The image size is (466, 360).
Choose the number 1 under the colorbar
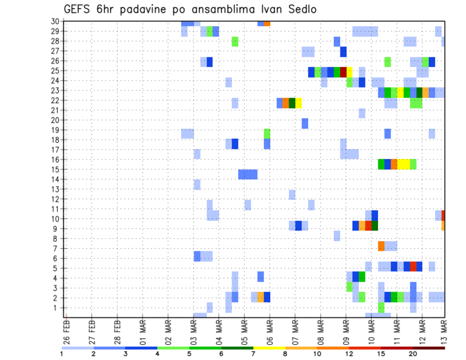(x=62, y=354)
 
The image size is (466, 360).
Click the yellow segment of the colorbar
(x=269, y=347)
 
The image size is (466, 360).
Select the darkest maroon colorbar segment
(x=429, y=347)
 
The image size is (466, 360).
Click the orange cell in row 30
(x=267, y=23)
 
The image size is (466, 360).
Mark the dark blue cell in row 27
(x=343, y=51)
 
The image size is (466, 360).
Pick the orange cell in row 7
(x=381, y=246)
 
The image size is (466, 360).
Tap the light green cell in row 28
(x=235, y=41)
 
